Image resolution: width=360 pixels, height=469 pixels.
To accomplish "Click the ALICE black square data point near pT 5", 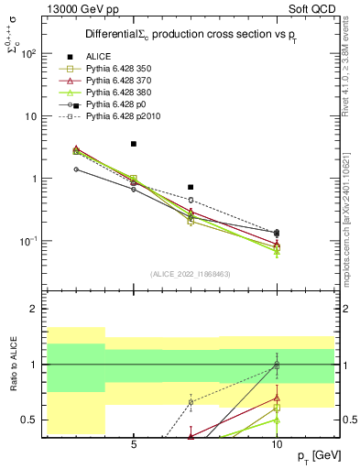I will tap(134, 144).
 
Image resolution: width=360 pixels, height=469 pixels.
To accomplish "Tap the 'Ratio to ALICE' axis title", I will tap(13, 365).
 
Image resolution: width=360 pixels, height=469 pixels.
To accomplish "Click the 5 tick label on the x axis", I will tap(134, 444).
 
